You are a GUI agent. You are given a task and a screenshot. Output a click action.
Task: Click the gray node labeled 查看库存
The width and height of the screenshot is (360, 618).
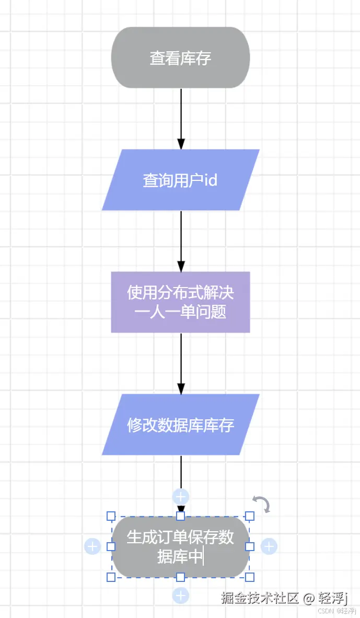(180, 58)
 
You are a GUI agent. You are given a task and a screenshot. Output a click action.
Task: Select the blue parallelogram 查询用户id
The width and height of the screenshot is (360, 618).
(180, 180)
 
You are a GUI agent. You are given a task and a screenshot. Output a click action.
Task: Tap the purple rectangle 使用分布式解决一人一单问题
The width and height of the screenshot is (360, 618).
(180, 302)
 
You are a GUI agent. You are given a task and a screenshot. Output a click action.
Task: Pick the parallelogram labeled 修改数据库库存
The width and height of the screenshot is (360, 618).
(180, 425)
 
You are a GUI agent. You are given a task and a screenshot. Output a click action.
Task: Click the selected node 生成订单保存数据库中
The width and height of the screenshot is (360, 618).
(180, 546)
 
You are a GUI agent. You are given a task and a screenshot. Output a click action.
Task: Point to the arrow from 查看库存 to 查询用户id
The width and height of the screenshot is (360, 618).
(181, 118)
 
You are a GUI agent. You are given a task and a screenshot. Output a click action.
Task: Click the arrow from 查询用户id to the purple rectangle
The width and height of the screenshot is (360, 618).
(181, 241)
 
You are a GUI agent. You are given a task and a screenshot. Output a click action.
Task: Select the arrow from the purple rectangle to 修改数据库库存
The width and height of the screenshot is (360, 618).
(181, 363)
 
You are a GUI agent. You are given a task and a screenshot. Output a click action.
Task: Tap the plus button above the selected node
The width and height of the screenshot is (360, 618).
(181, 497)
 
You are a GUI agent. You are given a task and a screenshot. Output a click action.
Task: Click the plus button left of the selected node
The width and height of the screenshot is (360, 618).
(92, 546)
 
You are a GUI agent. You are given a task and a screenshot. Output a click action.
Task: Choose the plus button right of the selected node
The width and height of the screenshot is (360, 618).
(269, 546)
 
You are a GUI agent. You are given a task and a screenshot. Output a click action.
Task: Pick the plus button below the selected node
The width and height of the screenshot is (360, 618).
(181, 596)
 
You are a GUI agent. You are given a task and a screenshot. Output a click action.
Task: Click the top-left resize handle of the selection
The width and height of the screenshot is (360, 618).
(111, 516)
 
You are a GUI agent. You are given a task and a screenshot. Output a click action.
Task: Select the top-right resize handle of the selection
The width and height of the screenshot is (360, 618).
(250, 516)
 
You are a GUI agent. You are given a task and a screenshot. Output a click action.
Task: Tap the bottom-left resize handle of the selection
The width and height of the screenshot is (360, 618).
(111, 577)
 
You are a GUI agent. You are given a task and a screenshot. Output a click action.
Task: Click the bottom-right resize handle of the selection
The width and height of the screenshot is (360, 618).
(250, 577)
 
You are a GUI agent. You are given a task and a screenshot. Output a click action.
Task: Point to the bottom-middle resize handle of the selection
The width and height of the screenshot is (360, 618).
(180, 577)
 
